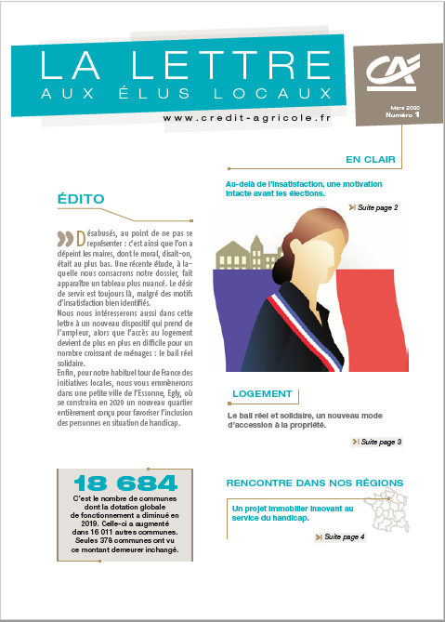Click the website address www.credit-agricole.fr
pyautogui.click(x=247, y=118)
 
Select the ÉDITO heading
pyautogui.click(x=81, y=198)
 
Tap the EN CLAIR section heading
pyautogui.click(x=370, y=159)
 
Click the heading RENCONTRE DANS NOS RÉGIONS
pyautogui.click(x=315, y=483)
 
